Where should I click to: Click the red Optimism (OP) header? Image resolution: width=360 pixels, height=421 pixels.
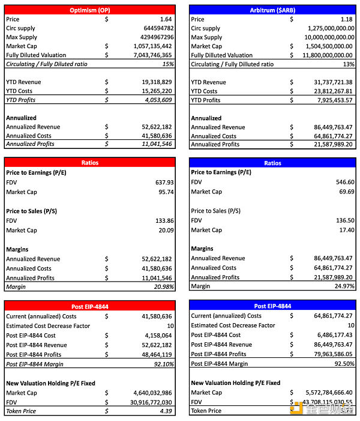tap(90, 10)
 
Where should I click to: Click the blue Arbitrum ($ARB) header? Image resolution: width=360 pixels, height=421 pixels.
tap(272, 10)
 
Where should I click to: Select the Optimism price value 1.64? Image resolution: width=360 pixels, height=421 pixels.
tap(166, 19)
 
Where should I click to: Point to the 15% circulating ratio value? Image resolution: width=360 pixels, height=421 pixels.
tap(167, 64)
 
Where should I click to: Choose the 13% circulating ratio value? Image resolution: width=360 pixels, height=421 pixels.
tap(349, 64)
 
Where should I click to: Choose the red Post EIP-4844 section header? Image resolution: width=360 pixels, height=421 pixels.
tap(90, 306)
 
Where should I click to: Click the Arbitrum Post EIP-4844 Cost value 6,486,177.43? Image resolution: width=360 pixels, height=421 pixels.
tap(329, 335)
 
